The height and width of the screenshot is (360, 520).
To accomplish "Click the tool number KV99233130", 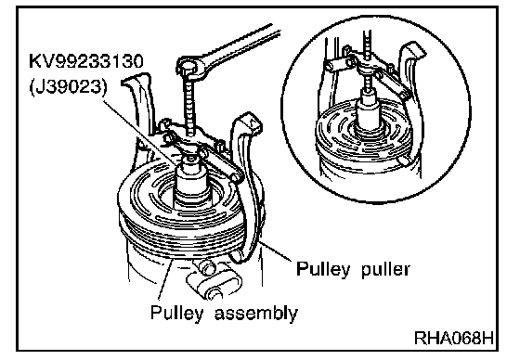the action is [86, 61].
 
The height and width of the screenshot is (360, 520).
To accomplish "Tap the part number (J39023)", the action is [70, 87].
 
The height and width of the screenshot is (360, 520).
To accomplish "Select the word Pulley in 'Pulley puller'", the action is [323, 269].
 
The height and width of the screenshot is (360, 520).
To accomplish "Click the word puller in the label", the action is [385, 269].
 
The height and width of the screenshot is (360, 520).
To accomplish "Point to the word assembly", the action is [256, 313].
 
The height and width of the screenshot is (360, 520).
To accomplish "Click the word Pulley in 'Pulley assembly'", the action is [176, 313].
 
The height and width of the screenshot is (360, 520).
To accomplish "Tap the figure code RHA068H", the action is [454, 338].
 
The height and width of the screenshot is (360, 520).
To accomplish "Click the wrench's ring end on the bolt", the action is [189, 66].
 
